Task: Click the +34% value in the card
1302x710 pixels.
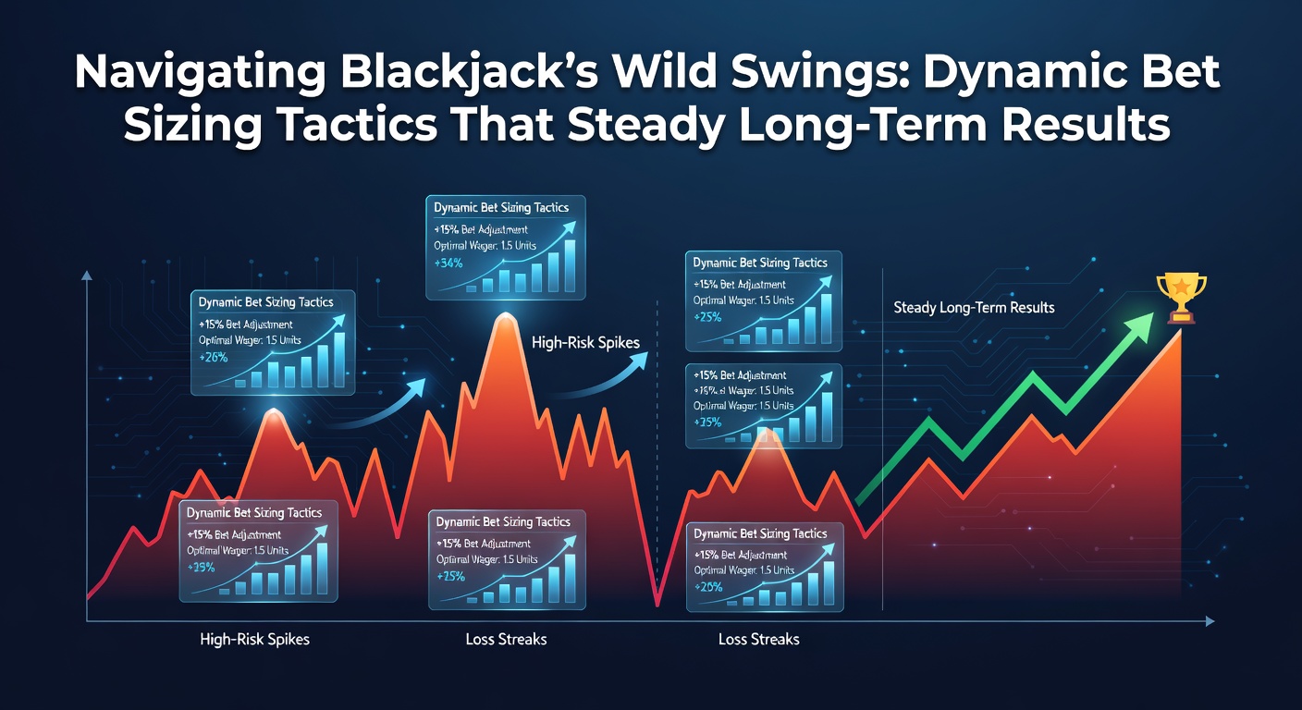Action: point(448,263)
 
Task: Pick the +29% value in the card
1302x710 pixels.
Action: point(201,567)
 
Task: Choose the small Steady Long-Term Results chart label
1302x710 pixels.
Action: point(974,307)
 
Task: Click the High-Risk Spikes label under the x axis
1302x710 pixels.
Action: point(254,639)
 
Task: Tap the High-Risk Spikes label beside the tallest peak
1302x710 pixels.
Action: point(586,343)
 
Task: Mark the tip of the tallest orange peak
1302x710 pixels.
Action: point(503,315)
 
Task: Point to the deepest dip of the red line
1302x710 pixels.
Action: point(657,604)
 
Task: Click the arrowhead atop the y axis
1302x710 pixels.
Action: point(87,275)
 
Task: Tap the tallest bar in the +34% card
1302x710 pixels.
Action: point(569,265)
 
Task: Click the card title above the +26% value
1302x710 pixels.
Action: point(265,302)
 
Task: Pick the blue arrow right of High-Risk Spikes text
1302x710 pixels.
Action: point(610,374)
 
